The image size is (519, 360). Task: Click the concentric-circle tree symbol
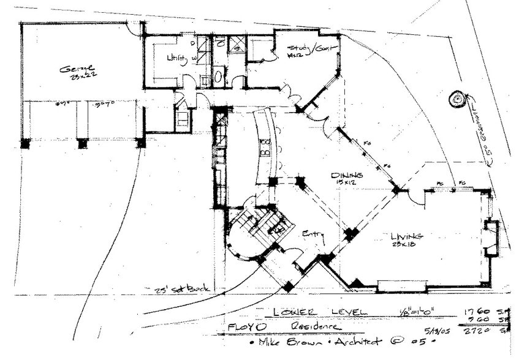(457, 99)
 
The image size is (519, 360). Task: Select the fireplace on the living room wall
(491, 238)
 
